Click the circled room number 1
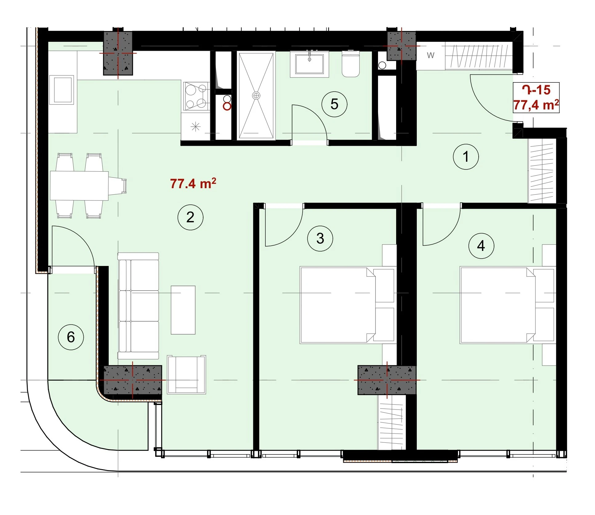(465, 156)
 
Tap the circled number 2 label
(190, 217)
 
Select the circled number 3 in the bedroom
(320, 239)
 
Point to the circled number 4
(481, 246)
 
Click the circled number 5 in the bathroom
(334, 104)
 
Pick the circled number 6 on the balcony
(71, 337)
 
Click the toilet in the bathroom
(351, 64)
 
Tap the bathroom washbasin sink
(309, 64)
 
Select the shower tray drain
(256, 95)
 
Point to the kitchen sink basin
(63, 90)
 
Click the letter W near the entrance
(431, 55)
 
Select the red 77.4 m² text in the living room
(193, 183)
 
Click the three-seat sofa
(138, 306)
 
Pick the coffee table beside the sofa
(183, 310)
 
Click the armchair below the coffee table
(186, 375)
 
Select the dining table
(79, 186)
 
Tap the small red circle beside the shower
(227, 106)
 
